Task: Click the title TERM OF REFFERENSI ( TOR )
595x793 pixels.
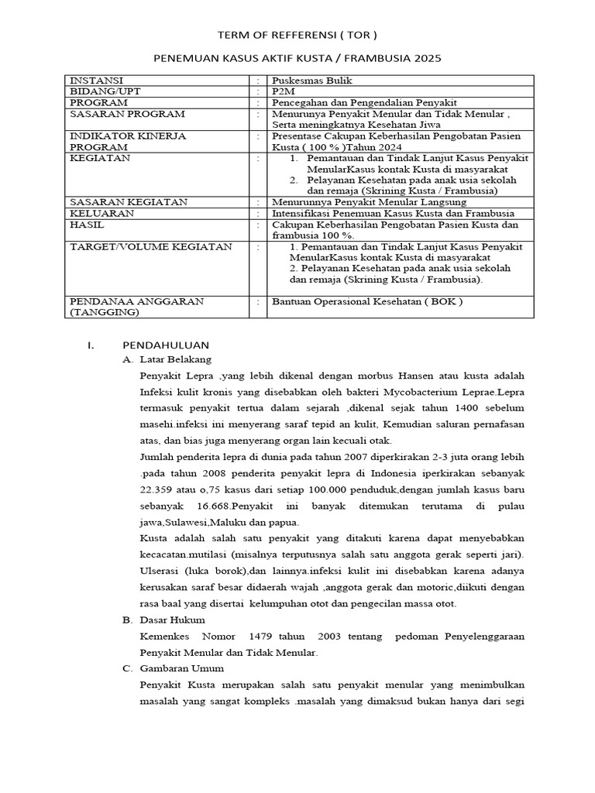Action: [297, 36]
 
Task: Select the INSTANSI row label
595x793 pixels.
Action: [96, 81]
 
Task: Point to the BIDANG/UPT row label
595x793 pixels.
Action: [101, 91]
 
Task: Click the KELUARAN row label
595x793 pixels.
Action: [101, 213]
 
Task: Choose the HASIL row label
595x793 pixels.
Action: [88, 224]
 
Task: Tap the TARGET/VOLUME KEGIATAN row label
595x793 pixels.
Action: [151, 246]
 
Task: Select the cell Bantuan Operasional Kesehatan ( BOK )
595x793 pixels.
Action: [366, 301]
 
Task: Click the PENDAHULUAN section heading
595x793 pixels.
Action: [166, 345]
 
